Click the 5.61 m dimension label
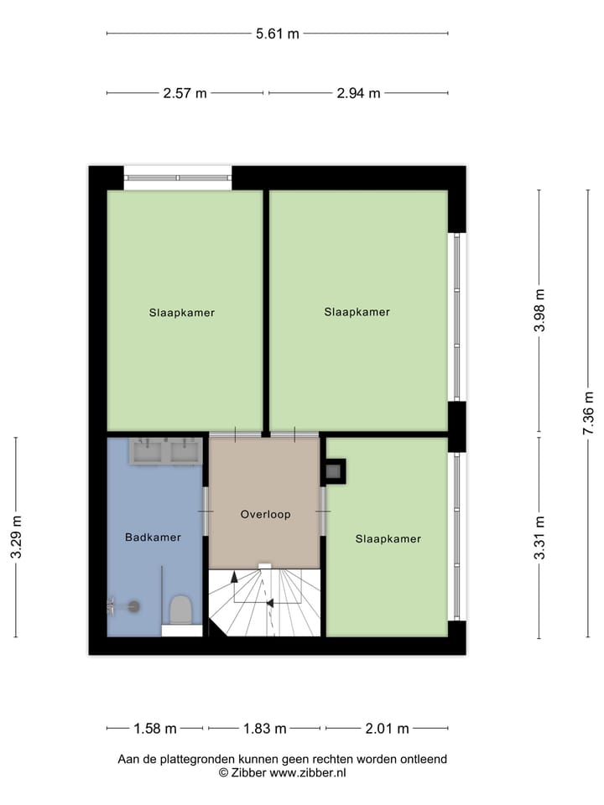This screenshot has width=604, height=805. (278, 34)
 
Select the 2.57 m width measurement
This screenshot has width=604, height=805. (185, 93)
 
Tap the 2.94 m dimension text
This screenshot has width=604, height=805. (358, 93)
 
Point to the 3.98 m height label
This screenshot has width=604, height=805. (539, 311)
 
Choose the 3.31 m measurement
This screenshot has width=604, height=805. (539, 537)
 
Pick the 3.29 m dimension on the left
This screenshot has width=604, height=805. (16, 537)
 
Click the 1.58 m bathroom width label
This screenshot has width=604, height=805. (155, 728)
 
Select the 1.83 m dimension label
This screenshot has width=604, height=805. (264, 728)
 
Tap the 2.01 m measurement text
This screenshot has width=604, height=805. (387, 728)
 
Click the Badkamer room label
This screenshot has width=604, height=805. (153, 538)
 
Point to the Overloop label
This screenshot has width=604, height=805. (265, 514)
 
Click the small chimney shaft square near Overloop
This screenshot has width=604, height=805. (335, 471)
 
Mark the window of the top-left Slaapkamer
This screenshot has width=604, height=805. (178, 177)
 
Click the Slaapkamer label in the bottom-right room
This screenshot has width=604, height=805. (388, 538)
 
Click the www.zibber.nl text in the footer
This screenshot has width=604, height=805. (308, 772)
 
